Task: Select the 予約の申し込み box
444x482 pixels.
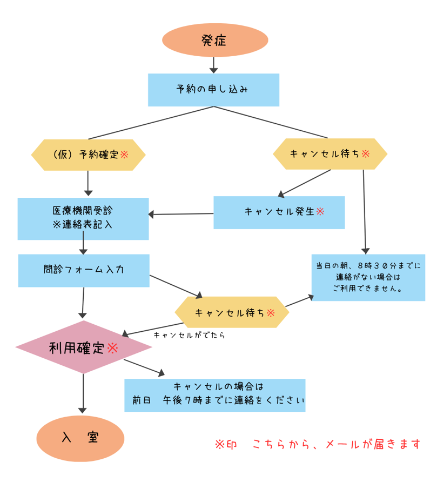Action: click(x=213, y=90)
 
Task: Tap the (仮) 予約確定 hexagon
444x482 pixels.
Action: click(x=89, y=155)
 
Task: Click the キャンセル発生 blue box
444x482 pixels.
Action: click(x=279, y=212)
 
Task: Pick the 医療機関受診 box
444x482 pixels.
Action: click(x=83, y=218)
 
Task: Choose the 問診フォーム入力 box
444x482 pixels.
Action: click(x=83, y=270)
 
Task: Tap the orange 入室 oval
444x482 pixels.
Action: click(x=80, y=438)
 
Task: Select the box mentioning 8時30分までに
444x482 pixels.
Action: click(x=368, y=277)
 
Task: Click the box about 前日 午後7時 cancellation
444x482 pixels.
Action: click(x=215, y=395)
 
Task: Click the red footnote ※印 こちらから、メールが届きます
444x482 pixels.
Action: click(x=317, y=444)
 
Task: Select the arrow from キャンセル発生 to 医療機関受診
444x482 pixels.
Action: click(x=181, y=214)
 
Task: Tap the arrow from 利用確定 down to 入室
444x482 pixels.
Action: click(x=83, y=393)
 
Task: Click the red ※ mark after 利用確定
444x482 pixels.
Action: click(x=112, y=347)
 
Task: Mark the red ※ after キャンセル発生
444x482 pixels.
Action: click(x=320, y=211)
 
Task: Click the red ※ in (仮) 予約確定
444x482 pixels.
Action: click(x=124, y=155)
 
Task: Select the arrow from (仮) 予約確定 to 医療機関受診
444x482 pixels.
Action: click(x=88, y=183)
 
